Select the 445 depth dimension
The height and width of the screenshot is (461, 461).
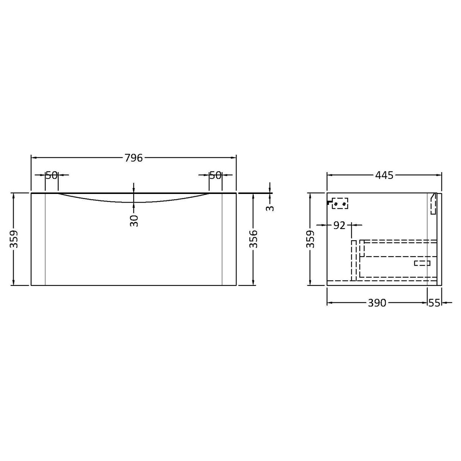(x=384, y=175)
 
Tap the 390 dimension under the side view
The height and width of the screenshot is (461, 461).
(x=377, y=302)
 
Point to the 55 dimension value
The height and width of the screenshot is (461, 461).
(x=434, y=302)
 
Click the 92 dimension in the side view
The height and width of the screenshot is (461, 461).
(x=339, y=225)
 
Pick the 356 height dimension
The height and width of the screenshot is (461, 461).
(x=253, y=239)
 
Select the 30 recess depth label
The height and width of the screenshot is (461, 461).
(x=134, y=220)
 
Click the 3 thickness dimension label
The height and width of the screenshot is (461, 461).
(x=270, y=208)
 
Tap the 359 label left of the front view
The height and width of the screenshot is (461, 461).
(x=14, y=239)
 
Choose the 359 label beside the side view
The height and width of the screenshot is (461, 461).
(x=310, y=239)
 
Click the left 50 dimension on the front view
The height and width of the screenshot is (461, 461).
(x=52, y=175)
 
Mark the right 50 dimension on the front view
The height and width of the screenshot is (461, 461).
(x=215, y=175)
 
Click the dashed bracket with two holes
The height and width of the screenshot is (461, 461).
(x=340, y=203)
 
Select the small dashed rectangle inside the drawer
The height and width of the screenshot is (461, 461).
(x=422, y=263)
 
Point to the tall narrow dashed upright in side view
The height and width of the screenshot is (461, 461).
(x=354, y=260)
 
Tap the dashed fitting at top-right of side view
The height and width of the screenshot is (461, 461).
(x=433, y=205)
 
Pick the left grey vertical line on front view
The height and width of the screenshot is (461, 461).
(x=45, y=241)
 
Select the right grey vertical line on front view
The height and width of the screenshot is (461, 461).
(x=222, y=241)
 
